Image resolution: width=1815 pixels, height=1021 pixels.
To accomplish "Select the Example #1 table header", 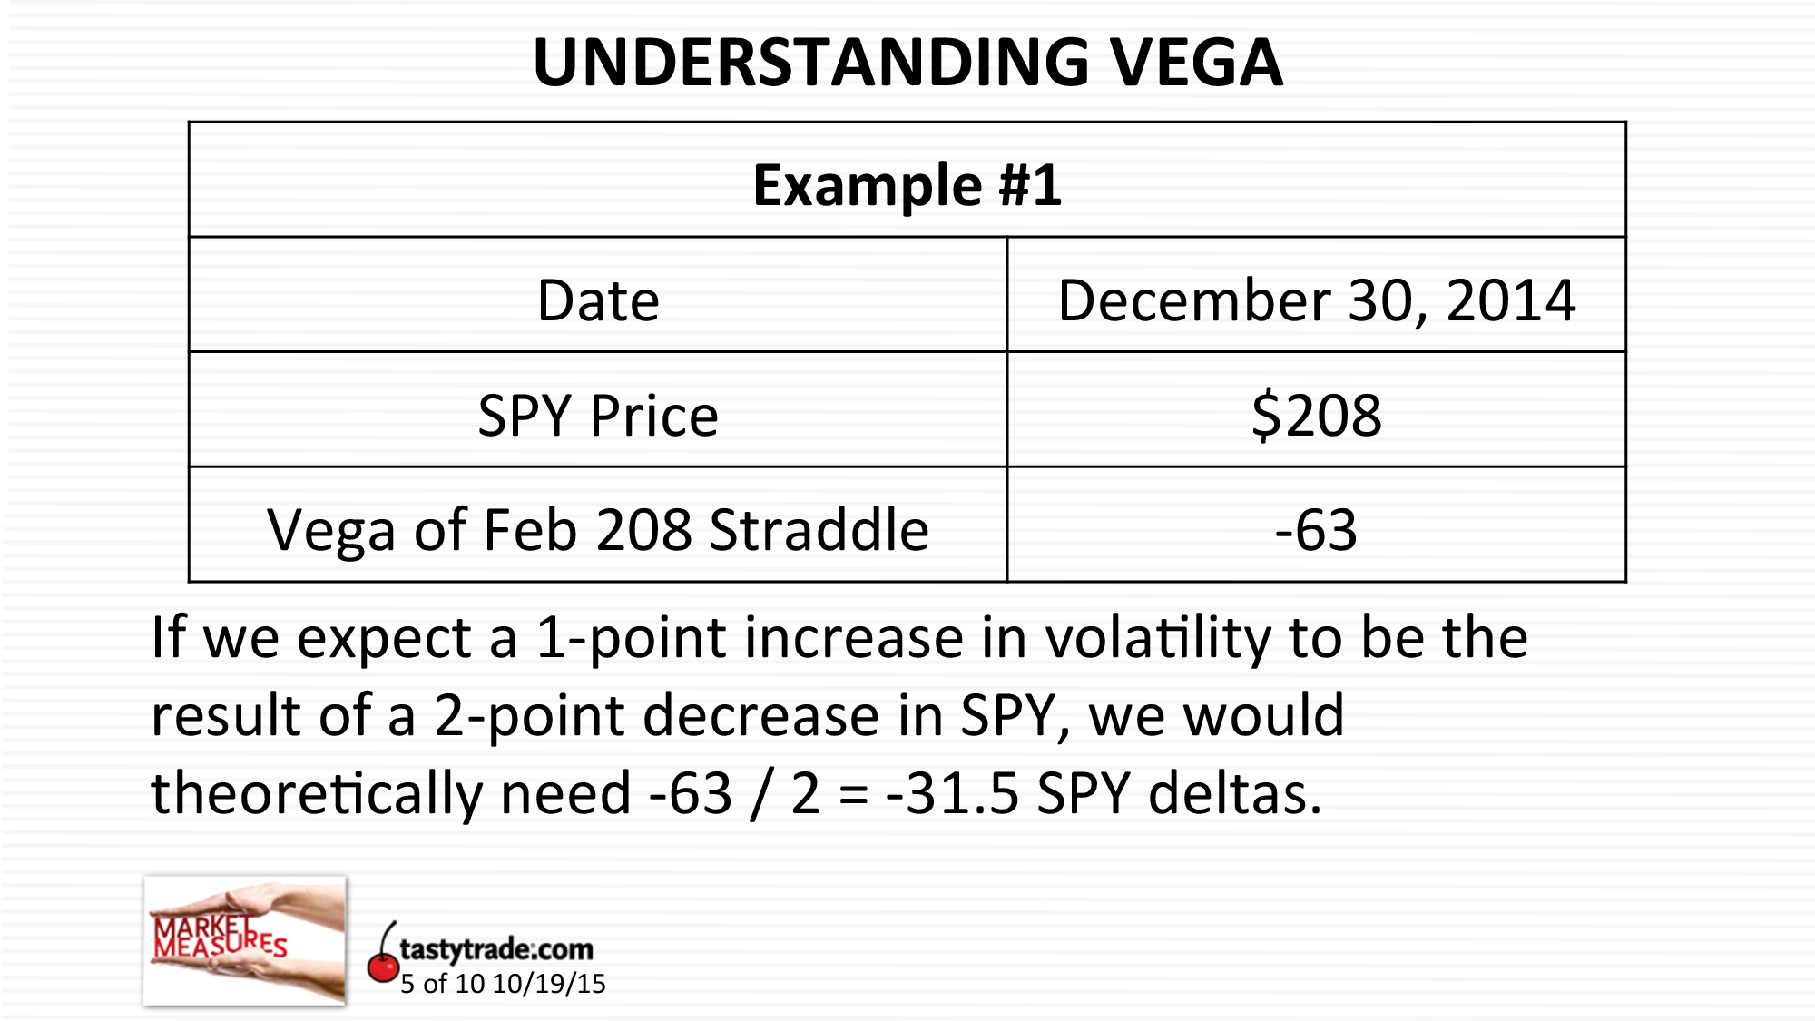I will [x=907, y=185].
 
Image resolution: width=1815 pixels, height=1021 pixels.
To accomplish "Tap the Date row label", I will [x=598, y=300].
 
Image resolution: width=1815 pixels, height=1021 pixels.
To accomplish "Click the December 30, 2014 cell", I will [x=1316, y=300].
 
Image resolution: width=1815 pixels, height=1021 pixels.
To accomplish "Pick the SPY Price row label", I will [x=598, y=416].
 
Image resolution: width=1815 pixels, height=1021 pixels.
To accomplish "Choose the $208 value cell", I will [x=1316, y=416].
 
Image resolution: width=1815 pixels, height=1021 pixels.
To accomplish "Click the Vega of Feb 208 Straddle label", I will [x=598, y=530].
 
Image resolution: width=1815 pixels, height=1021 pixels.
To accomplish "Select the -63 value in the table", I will [x=1316, y=530].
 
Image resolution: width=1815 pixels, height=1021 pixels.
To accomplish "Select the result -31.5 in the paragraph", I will [x=952, y=794].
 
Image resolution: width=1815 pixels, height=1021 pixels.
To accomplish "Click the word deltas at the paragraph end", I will [x=1234, y=794].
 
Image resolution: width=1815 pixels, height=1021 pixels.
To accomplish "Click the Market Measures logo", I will [x=244, y=940].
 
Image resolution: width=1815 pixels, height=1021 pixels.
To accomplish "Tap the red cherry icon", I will [x=382, y=964].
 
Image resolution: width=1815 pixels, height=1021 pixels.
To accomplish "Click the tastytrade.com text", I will [x=495, y=949].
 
